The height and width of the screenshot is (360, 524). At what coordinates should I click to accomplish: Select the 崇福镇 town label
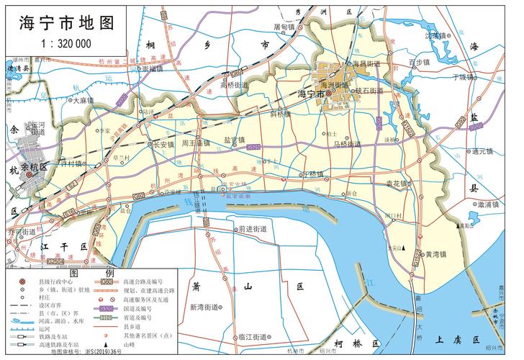click(x=153, y=69)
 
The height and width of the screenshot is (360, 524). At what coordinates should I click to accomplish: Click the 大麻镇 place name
click(x=83, y=101)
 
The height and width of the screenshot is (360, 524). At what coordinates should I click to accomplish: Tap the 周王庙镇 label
click(x=195, y=143)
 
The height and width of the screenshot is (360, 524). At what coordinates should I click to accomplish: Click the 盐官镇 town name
click(x=234, y=140)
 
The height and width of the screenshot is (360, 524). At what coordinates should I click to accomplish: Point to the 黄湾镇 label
click(x=435, y=254)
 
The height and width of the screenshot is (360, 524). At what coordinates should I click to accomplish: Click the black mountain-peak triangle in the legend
click(x=128, y=346)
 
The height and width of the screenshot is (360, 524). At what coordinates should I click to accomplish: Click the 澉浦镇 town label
click(x=489, y=204)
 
